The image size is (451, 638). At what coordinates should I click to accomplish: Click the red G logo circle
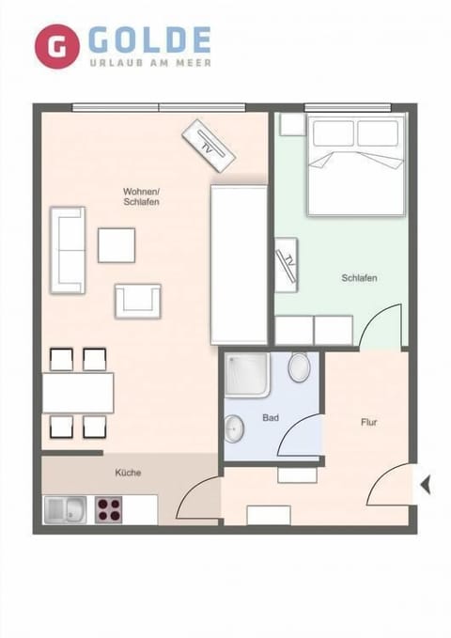57,46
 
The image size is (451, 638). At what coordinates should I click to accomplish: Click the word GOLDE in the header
149,40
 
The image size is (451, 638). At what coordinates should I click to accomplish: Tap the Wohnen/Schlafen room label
141,196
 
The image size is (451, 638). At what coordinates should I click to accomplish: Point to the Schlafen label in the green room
360,278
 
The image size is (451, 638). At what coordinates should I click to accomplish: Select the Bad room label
271,416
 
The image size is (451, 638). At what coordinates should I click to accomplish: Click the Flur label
369,422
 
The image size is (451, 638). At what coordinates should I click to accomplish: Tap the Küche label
128,473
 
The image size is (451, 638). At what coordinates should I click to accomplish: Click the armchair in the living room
138,300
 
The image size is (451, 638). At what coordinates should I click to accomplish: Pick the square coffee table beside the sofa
117,245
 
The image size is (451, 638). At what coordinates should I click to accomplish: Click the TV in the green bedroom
287,263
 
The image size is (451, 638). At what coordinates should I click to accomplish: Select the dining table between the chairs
78,393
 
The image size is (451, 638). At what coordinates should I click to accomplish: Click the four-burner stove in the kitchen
109,509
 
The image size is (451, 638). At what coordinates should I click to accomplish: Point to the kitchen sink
65,509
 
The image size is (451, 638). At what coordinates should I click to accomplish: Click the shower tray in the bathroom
248,375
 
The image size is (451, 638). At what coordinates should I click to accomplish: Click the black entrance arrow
425,485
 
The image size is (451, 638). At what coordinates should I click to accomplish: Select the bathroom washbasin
234,430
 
